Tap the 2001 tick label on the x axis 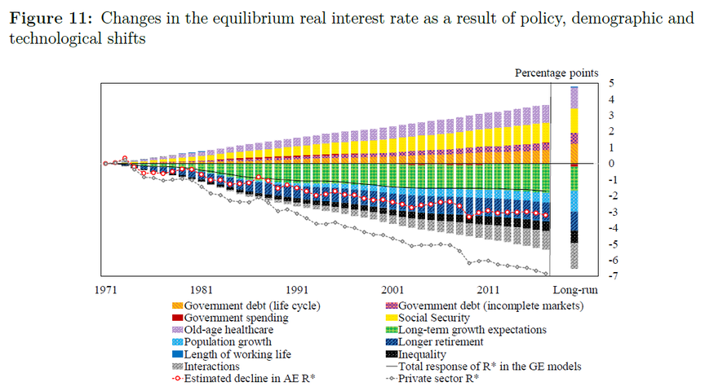pyautogui.click(x=392, y=289)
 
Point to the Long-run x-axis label pyautogui.click(x=574, y=289)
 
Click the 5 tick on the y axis pyautogui.click(x=611, y=84)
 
